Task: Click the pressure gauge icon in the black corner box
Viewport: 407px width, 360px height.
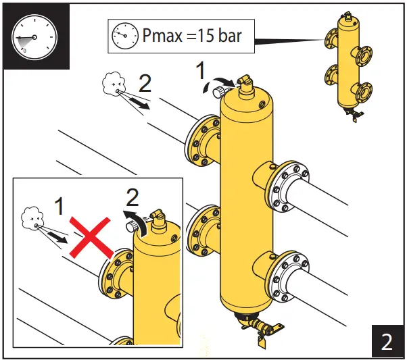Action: pos(34,37)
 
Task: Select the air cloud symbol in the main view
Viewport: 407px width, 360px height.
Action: pos(110,84)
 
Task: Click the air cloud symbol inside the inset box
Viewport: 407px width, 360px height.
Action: pos(31,217)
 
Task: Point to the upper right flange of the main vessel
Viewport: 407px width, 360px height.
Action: pos(289,184)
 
